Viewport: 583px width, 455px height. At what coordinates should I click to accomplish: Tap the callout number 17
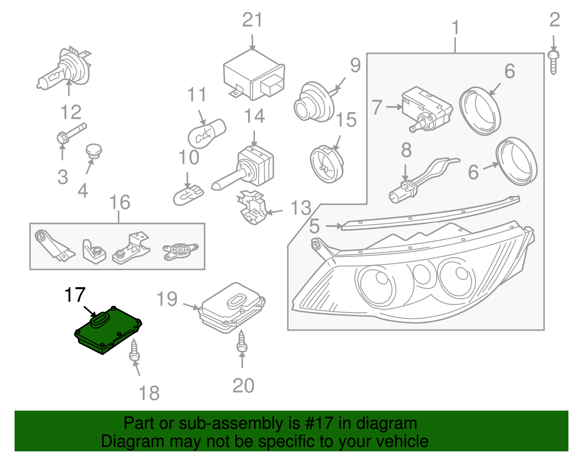point(75,295)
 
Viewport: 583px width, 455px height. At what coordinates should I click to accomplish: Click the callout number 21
point(252,20)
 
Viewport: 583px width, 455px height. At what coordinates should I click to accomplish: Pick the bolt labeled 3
point(71,133)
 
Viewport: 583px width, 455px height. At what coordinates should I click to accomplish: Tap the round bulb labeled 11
point(207,134)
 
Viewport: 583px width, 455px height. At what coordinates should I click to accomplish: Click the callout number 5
point(314,226)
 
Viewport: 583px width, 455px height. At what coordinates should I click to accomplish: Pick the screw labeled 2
point(553,63)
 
